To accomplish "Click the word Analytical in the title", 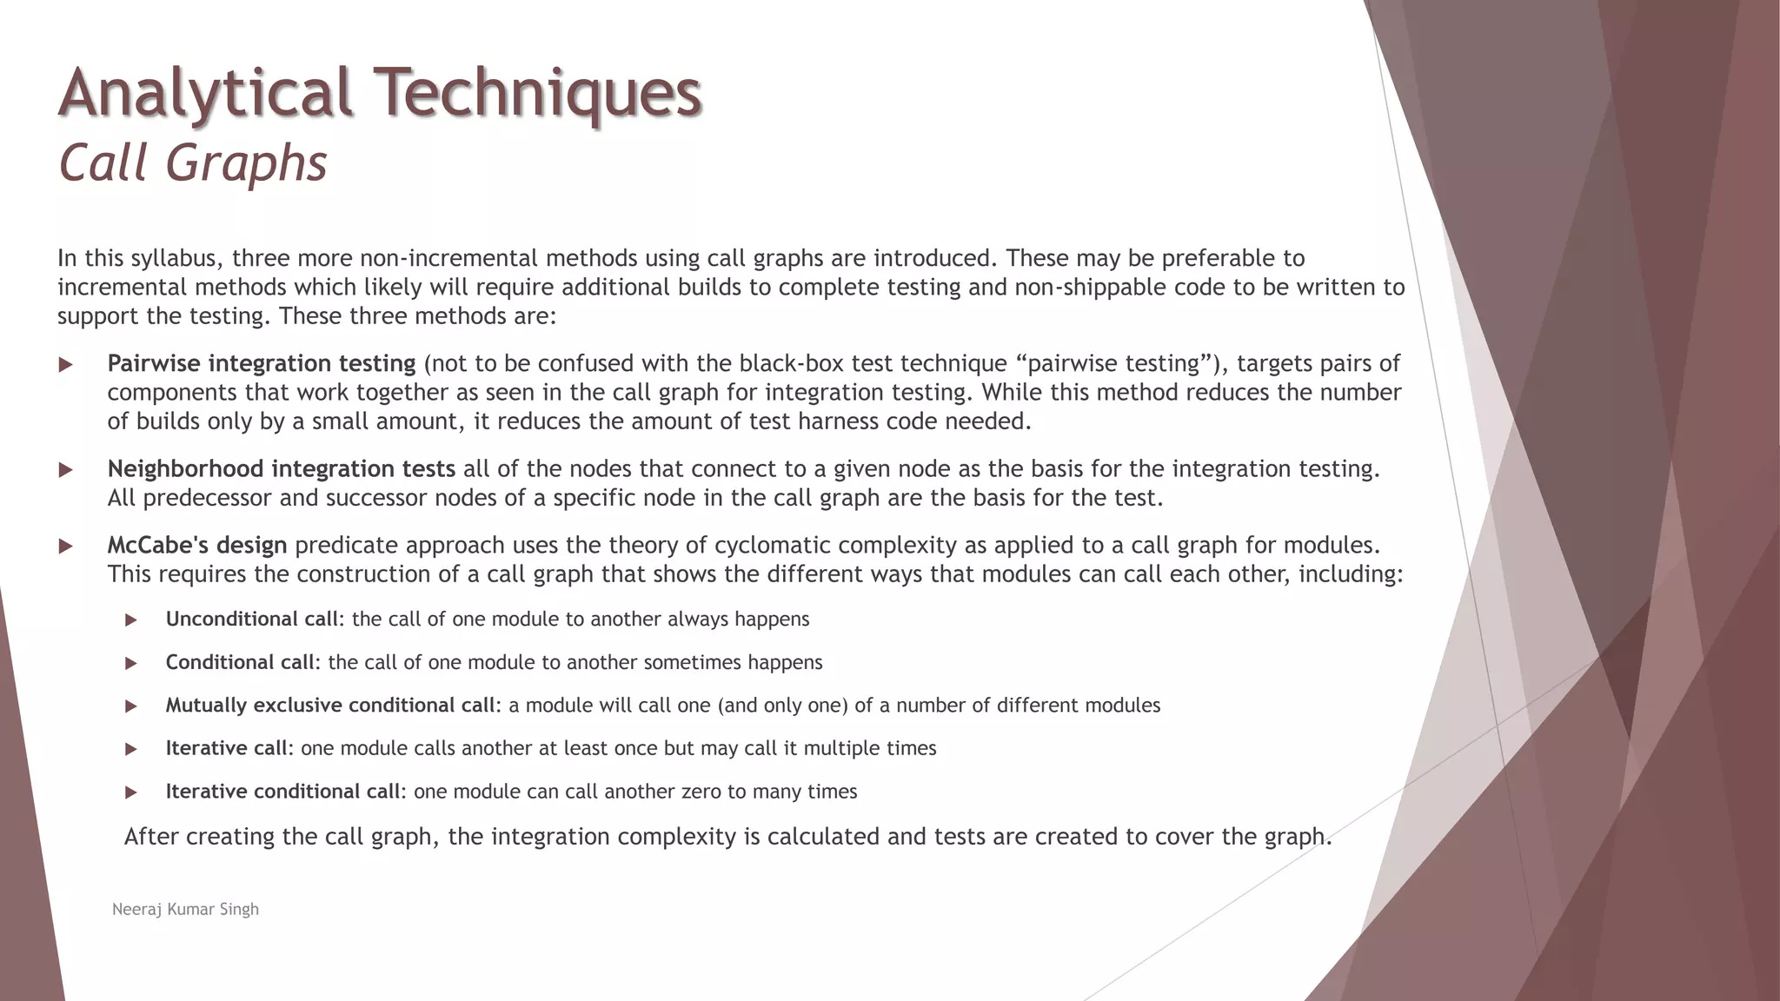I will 205,92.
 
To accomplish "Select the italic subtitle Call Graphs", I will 192,162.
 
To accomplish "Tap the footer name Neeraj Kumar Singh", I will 185,909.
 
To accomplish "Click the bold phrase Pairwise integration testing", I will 262,363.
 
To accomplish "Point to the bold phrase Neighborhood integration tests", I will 281,469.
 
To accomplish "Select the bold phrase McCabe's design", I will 197,546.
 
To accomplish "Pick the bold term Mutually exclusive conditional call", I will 330,706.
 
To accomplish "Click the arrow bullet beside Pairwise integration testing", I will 65,365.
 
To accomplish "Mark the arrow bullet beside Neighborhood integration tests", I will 65,470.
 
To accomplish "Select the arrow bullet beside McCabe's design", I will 65,547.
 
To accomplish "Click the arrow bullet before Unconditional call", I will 131,620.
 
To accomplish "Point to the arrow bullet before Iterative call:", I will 131,749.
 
